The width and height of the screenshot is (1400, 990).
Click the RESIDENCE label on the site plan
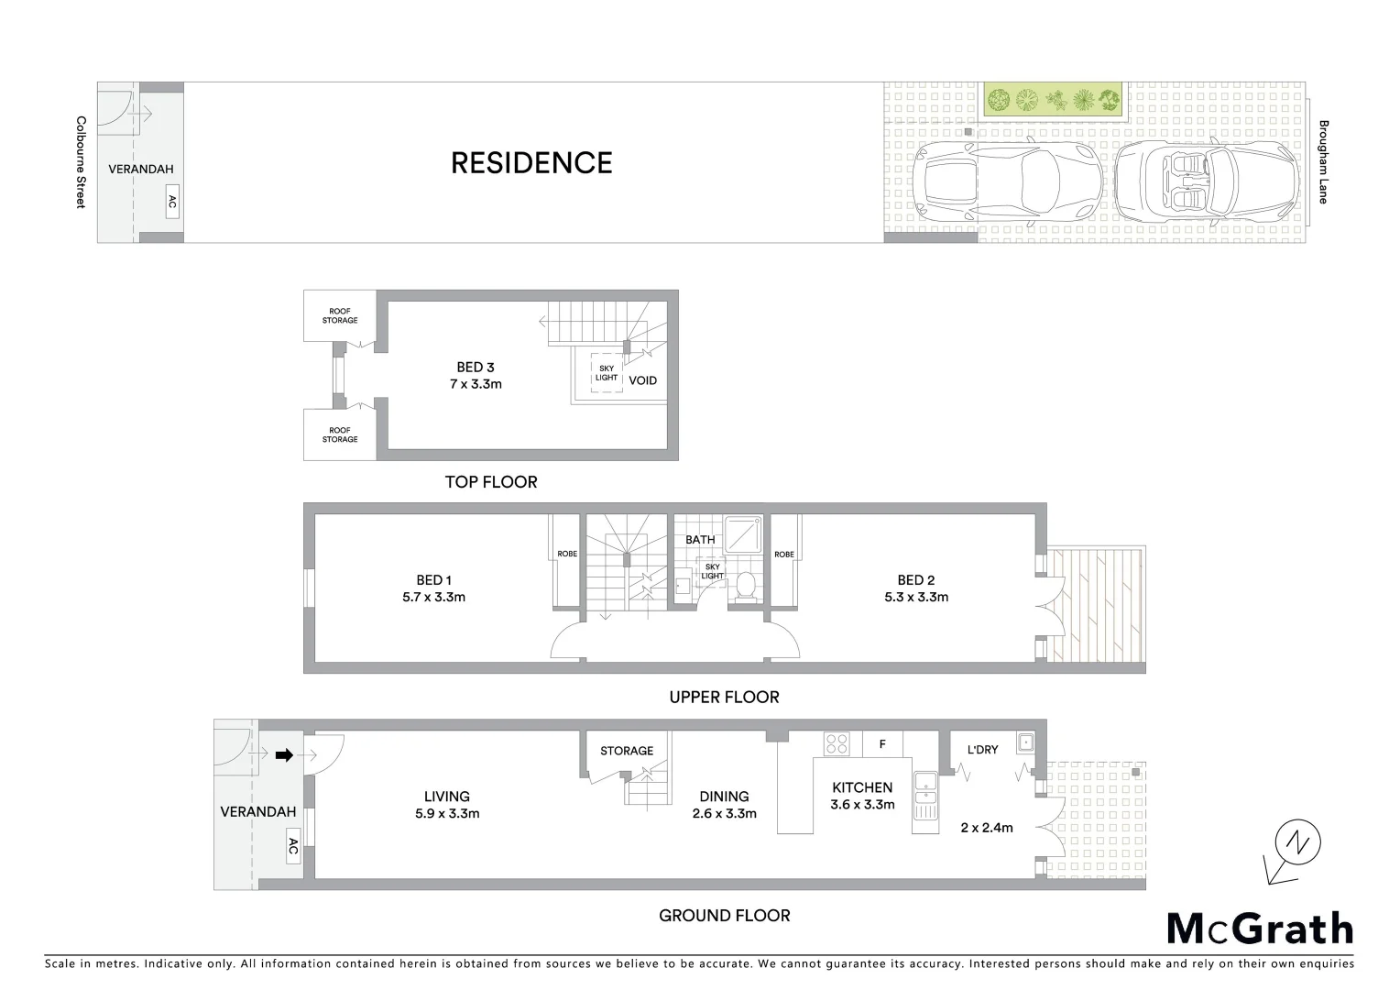coord(531,163)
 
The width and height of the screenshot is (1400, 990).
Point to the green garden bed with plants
coord(1055,99)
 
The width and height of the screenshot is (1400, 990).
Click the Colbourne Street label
coord(81,161)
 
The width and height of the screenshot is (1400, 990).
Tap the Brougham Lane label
coord(1323,161)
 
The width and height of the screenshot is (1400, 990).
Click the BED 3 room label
coord(476,368)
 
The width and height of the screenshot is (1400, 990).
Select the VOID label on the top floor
coord(642,380)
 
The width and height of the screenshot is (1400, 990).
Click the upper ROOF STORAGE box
coord(339,315)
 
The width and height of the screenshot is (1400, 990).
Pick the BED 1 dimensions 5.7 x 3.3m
coord(434,597)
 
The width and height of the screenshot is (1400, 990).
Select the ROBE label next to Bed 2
coord(783,554)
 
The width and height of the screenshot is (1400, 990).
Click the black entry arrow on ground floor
coord(284,755)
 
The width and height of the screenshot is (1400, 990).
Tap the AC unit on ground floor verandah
coord(293,848)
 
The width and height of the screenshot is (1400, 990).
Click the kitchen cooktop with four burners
coord(837,743)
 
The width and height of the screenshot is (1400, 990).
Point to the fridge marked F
coord(882,743)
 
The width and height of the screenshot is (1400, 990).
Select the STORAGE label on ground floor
coord(627,751)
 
